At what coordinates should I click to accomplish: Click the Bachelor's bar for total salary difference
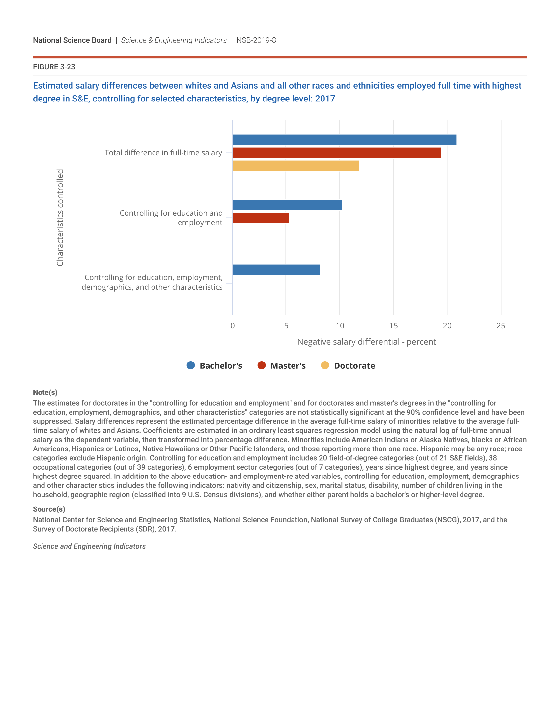(x=344, y=140)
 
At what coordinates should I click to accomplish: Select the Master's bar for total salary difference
(x=336, y=153)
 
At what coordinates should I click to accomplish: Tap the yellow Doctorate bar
(x=295, y=166)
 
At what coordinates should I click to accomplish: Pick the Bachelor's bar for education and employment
(x=287, y=205)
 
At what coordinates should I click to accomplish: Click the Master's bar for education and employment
(x=261, y=218)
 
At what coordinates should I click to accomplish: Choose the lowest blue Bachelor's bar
(x=276, y=270)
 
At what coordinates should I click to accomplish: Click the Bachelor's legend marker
(x=191, y=365)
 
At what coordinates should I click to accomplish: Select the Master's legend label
(x=288, y=366)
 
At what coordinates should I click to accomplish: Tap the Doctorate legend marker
(x=325, y=365)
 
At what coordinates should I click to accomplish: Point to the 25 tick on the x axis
(x=501, y=326)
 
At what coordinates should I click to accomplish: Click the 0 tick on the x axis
(x=233, y=326)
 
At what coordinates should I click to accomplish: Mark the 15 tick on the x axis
(x=393, y=326)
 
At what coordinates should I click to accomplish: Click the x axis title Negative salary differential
(x=366, y=342)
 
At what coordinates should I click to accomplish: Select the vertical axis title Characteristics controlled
(x=60, y=218)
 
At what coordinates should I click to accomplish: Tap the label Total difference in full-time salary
(x=163, y=153)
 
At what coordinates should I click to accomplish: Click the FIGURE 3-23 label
(x=54, y=67)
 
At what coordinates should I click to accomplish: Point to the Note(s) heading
(x=45, y=392)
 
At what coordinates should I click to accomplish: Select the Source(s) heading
(x=49, y=509)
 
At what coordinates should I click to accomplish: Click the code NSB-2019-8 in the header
(x=256, y=40)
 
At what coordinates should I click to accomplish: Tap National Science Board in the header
(x=72, y=40)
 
